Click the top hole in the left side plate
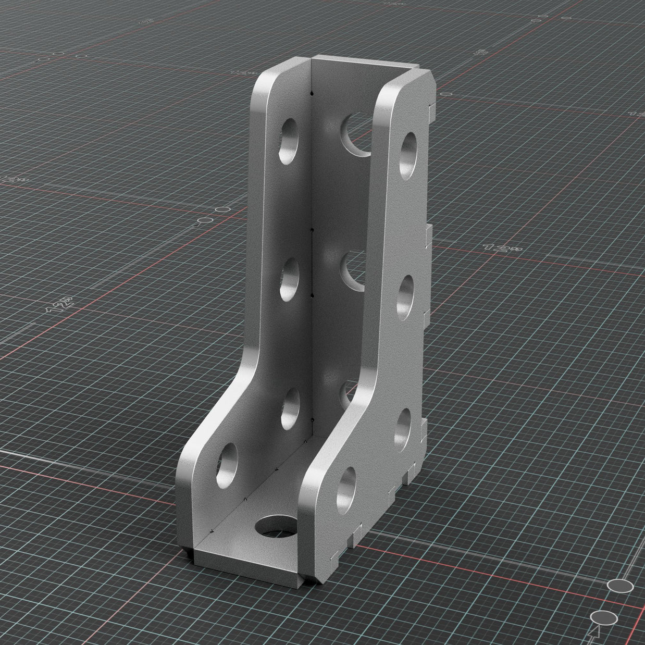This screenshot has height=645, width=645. (288, 141)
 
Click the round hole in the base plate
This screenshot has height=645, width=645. (276, 527)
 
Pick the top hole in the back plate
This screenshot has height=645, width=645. (356, 134)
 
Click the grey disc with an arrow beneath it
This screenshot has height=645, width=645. (604, 618)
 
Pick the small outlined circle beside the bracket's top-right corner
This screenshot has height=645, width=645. (446, 94)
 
